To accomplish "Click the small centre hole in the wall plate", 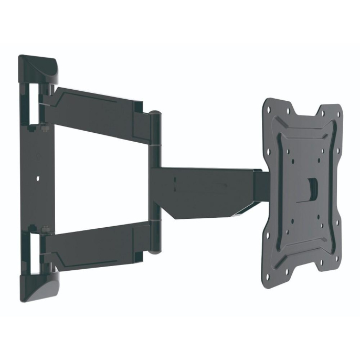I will coord(38,178).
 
